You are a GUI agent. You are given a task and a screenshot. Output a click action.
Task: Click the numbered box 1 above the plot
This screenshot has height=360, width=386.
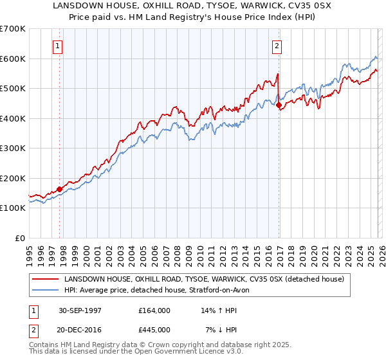click(58, 46)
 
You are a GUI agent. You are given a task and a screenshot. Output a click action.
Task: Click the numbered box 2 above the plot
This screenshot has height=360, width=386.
click(277, 46)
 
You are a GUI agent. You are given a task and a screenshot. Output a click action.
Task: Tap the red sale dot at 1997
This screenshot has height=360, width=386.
click(60, 189)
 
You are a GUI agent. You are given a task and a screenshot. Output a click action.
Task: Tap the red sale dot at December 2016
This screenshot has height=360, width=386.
click(279, 105)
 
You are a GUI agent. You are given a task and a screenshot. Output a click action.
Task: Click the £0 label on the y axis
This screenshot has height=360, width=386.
click(19, 238)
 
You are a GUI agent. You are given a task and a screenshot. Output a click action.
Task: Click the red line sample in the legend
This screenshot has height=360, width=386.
click(46, 280)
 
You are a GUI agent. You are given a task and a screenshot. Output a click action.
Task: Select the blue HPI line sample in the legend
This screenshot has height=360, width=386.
click(46, 291)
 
